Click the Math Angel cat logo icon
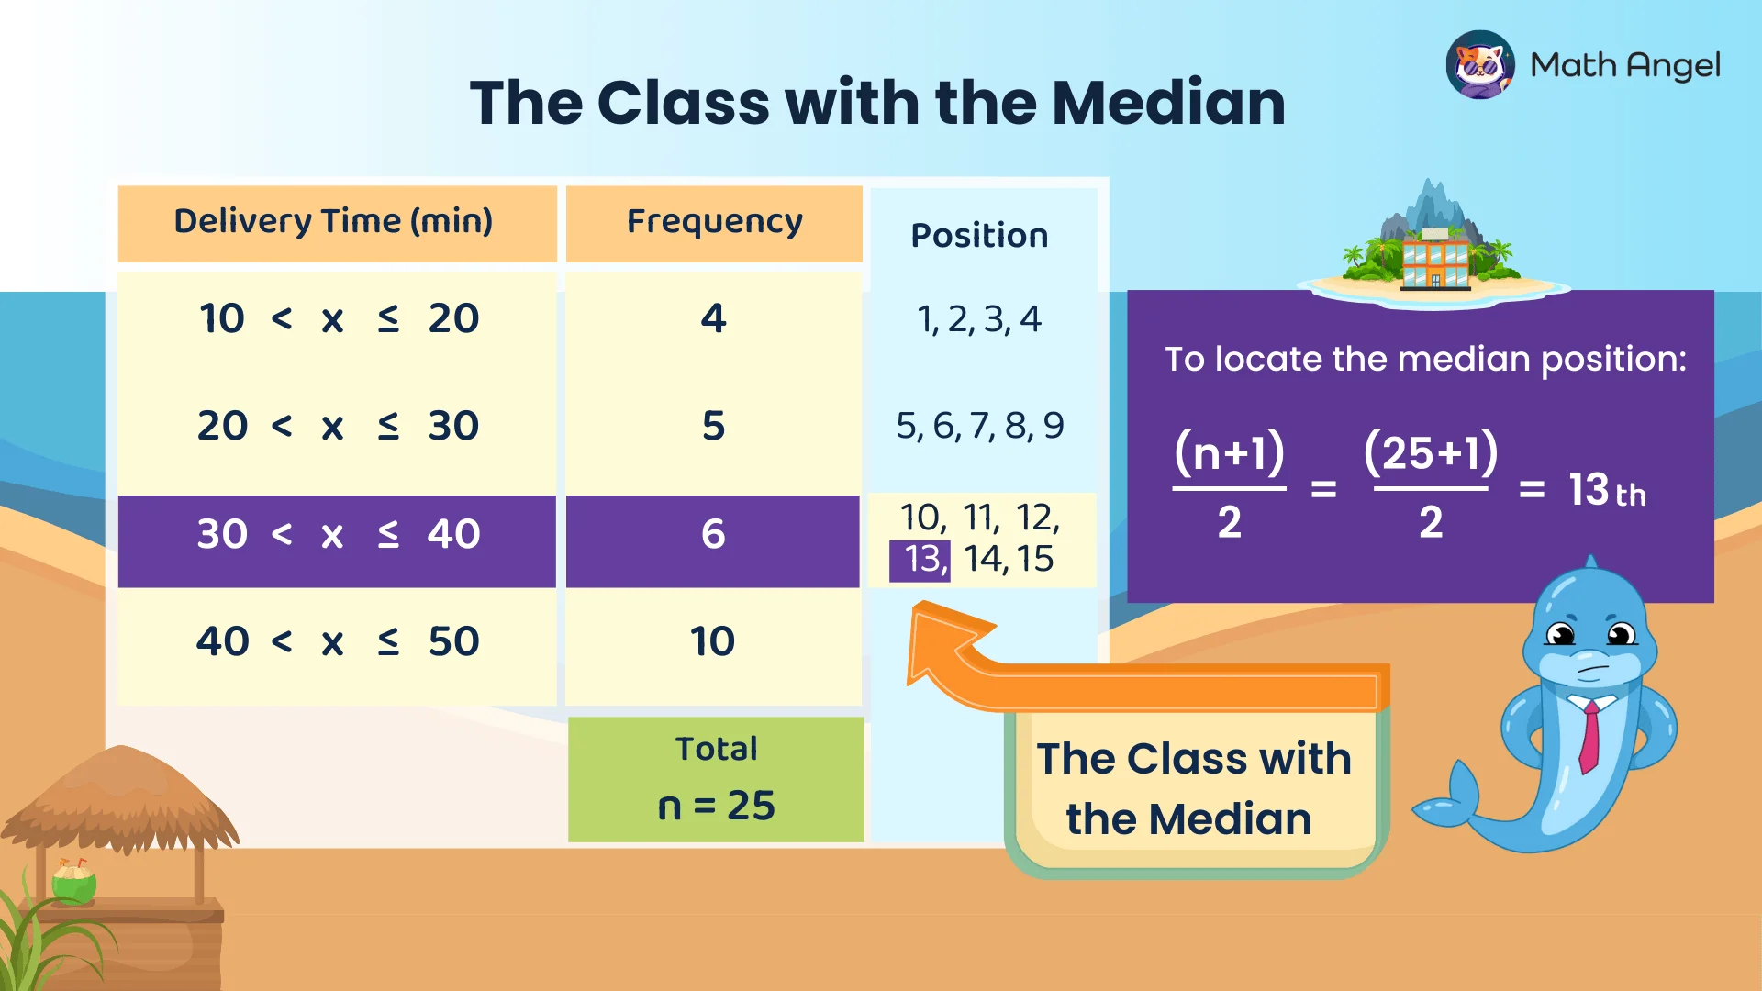pos(1479,65)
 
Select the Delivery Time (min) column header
pos(334,222)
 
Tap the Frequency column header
pos(714,222)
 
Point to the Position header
pos(979,236)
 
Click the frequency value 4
pos(713,318)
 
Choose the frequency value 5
pos(713,426)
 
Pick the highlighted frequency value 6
pos(713,534)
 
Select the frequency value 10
pos(713,641)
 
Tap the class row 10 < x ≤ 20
pos(337,318)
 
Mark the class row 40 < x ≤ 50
pos(337,641)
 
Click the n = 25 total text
pos(716,806)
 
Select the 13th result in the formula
pos(1607,490)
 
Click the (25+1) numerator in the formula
pos(1430,453)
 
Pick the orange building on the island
pos(1434,262)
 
